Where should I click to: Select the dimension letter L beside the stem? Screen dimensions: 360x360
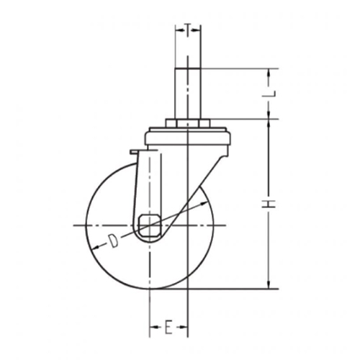[269, 94]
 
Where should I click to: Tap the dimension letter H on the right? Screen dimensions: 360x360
[269, 204]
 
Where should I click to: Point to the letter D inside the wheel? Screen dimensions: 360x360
[113, 240]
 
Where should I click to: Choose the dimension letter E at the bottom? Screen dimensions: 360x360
[168, 327]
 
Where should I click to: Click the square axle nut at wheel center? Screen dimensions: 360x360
[150, 225]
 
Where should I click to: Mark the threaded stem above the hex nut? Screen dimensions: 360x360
[188, 94]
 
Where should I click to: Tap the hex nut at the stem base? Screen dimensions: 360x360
[188, 123]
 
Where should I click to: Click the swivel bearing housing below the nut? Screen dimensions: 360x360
[188, 136]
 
